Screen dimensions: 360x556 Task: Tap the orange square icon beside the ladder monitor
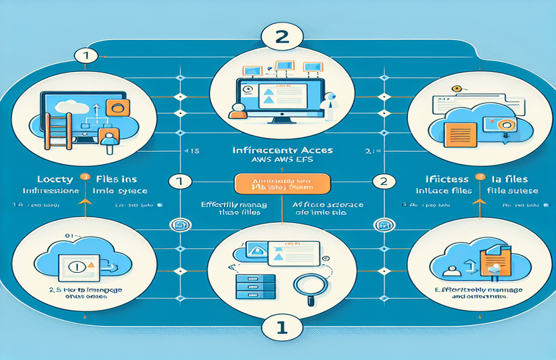tap(115, 109)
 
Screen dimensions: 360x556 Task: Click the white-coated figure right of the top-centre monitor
tap(328, 105)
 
